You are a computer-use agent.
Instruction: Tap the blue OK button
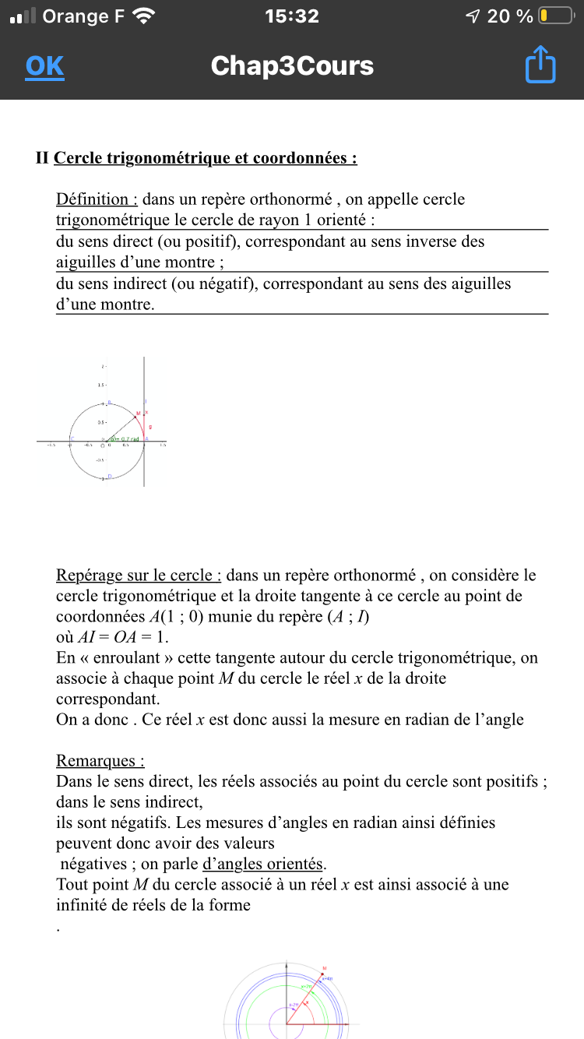pyautogui.click(x=44, y=66)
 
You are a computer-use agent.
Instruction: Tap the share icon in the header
pyautogui.click(x=540, y=65)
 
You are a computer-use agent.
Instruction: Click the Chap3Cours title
pyautogui.click(x=292, y=66)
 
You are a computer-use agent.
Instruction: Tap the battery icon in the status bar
pyautogui.click(x=556, y=16)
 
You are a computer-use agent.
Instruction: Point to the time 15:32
pyautogui.click(x=291, y=16)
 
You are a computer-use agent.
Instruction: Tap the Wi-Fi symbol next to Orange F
pyautogui.click(x=145, y=16)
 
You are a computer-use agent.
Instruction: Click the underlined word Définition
pyautogui.click(x=97, y=199)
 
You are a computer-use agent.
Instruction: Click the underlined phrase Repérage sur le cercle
pyautogui.click(x=139, y=576)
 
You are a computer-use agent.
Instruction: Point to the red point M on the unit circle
pyautogui.click(x=139, y=414)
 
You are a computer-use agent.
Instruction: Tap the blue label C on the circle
pyautogui.click(x=72, y=440)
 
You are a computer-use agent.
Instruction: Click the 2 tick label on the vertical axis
pyautogui.click(x=102, y=366)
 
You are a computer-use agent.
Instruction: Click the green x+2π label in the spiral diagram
pyautogui.click(x=308, y=988)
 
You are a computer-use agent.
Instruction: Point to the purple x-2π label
pyautogui.click(x=295, y=1006)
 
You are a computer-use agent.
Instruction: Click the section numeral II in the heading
pyautogui.click(x=42, y=158)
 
